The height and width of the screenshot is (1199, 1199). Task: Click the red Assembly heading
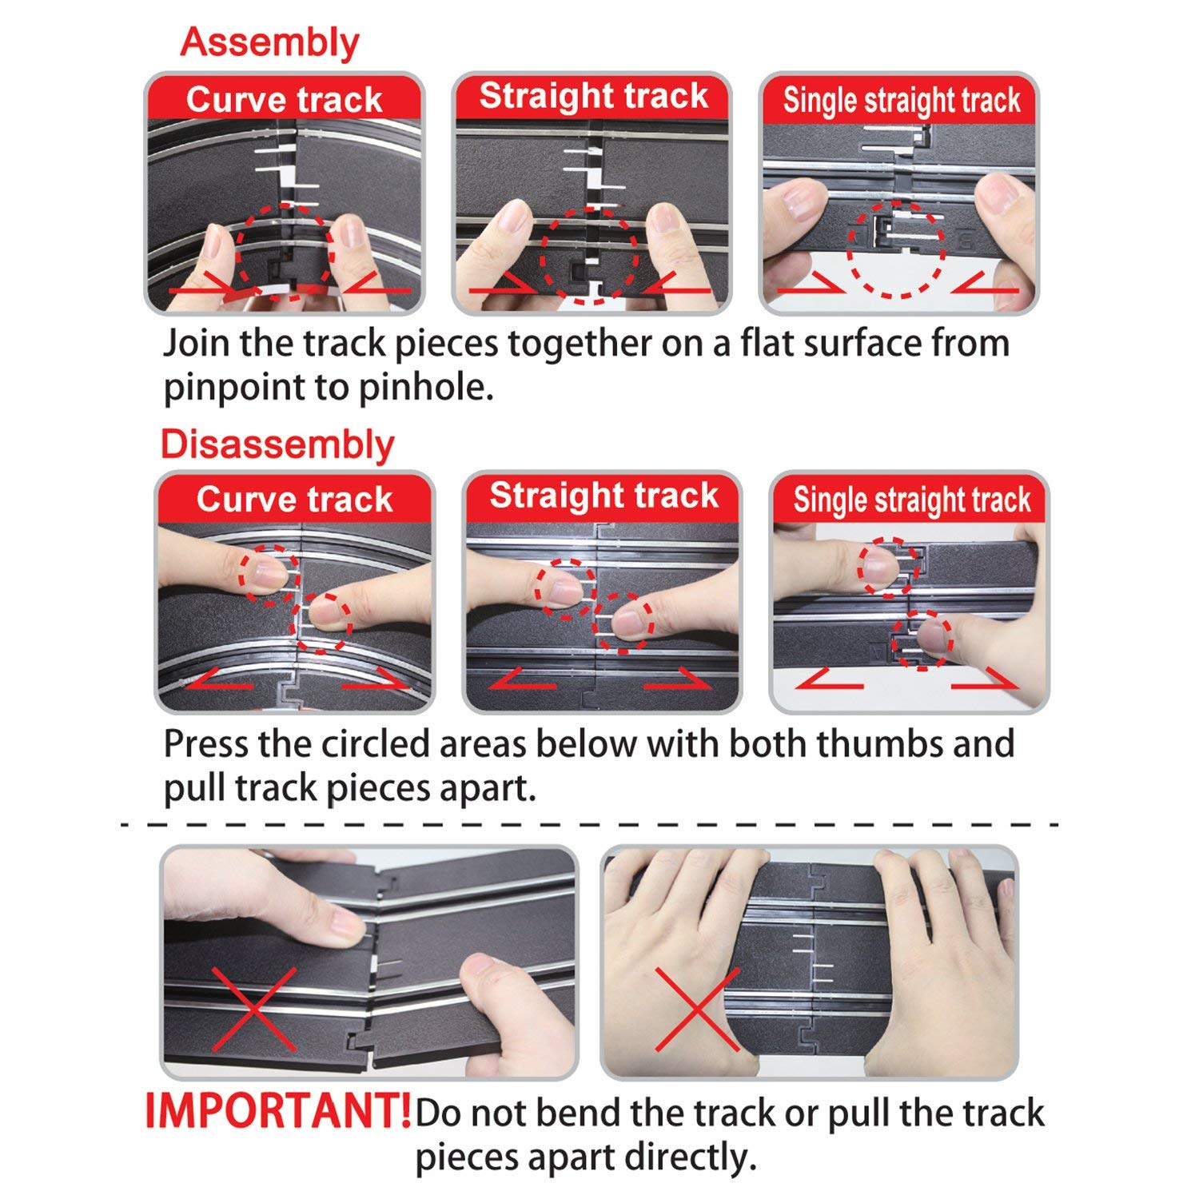pyautogui.click(x=270, y=43)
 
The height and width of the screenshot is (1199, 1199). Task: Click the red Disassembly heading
pyautogui.click(x=278, y=444)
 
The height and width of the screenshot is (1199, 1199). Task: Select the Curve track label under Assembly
pyautogui.click(x=285, y=100)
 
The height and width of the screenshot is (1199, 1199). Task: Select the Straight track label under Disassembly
pyautogui.click(x=604, y=496)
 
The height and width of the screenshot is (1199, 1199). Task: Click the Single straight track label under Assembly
pyautogui.click(x=902, y=101)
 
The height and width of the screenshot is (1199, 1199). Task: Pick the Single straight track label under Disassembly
pyautogui.click(x=912, y=500)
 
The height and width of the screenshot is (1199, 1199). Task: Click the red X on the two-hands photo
pyautogui.click(x=696, y=1010)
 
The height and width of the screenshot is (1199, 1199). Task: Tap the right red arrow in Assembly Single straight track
pyautogui.click(x=986, y=282)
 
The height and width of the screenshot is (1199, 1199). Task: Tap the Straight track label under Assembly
pyautogui.click(x=594, y=96)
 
